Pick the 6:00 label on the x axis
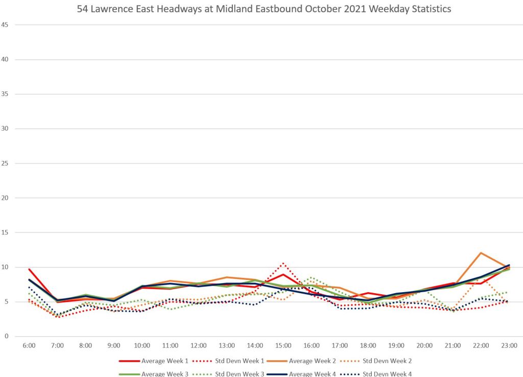(x=29, y=346)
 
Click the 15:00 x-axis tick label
(x=283, y=346)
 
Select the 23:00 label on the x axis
(x=509, y=346)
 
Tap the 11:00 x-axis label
(x=171, y=346)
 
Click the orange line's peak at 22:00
(x=481, y=253)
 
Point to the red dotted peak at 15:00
(x=283, y=263)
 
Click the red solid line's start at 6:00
(x=29, y=269)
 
